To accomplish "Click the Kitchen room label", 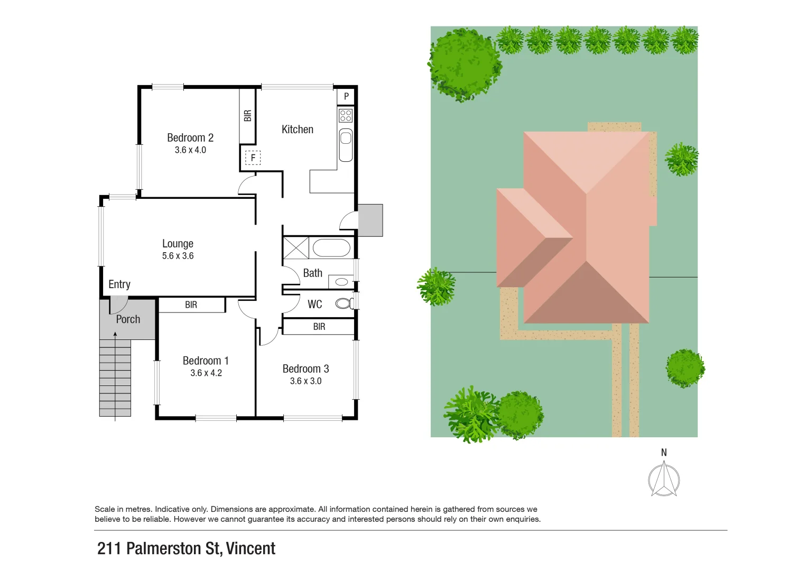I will (297, 130).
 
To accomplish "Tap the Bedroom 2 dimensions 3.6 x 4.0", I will (190, 150).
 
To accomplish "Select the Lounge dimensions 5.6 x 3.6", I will (178, 256).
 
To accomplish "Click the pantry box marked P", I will (346, 96).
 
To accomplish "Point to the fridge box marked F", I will (253, 158).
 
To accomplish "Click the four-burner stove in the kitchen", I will (346, 115).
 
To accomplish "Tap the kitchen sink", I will (346, 139).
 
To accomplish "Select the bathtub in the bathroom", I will (331, 248).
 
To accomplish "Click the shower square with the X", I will (296, 248).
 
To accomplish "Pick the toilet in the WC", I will (344, 303).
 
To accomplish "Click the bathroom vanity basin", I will (341, 282).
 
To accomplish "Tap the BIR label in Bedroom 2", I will (247, 116).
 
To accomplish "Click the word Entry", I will (119, 284).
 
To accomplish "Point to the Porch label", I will (128, 319).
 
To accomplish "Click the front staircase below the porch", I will (115, 378).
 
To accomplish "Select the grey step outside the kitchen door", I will (370, 220).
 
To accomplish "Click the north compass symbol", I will (664, 479).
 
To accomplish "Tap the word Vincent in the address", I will (251, 549).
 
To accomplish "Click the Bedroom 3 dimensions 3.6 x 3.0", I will (305, 381).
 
